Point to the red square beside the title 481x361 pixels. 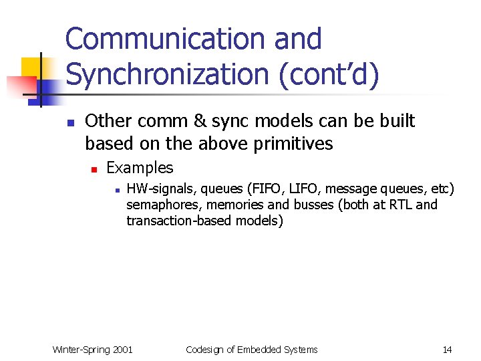20,86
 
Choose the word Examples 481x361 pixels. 140,168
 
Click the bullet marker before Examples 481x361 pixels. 95,169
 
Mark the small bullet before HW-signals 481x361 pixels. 116,191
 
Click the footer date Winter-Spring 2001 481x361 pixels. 93,350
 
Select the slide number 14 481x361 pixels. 447,350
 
